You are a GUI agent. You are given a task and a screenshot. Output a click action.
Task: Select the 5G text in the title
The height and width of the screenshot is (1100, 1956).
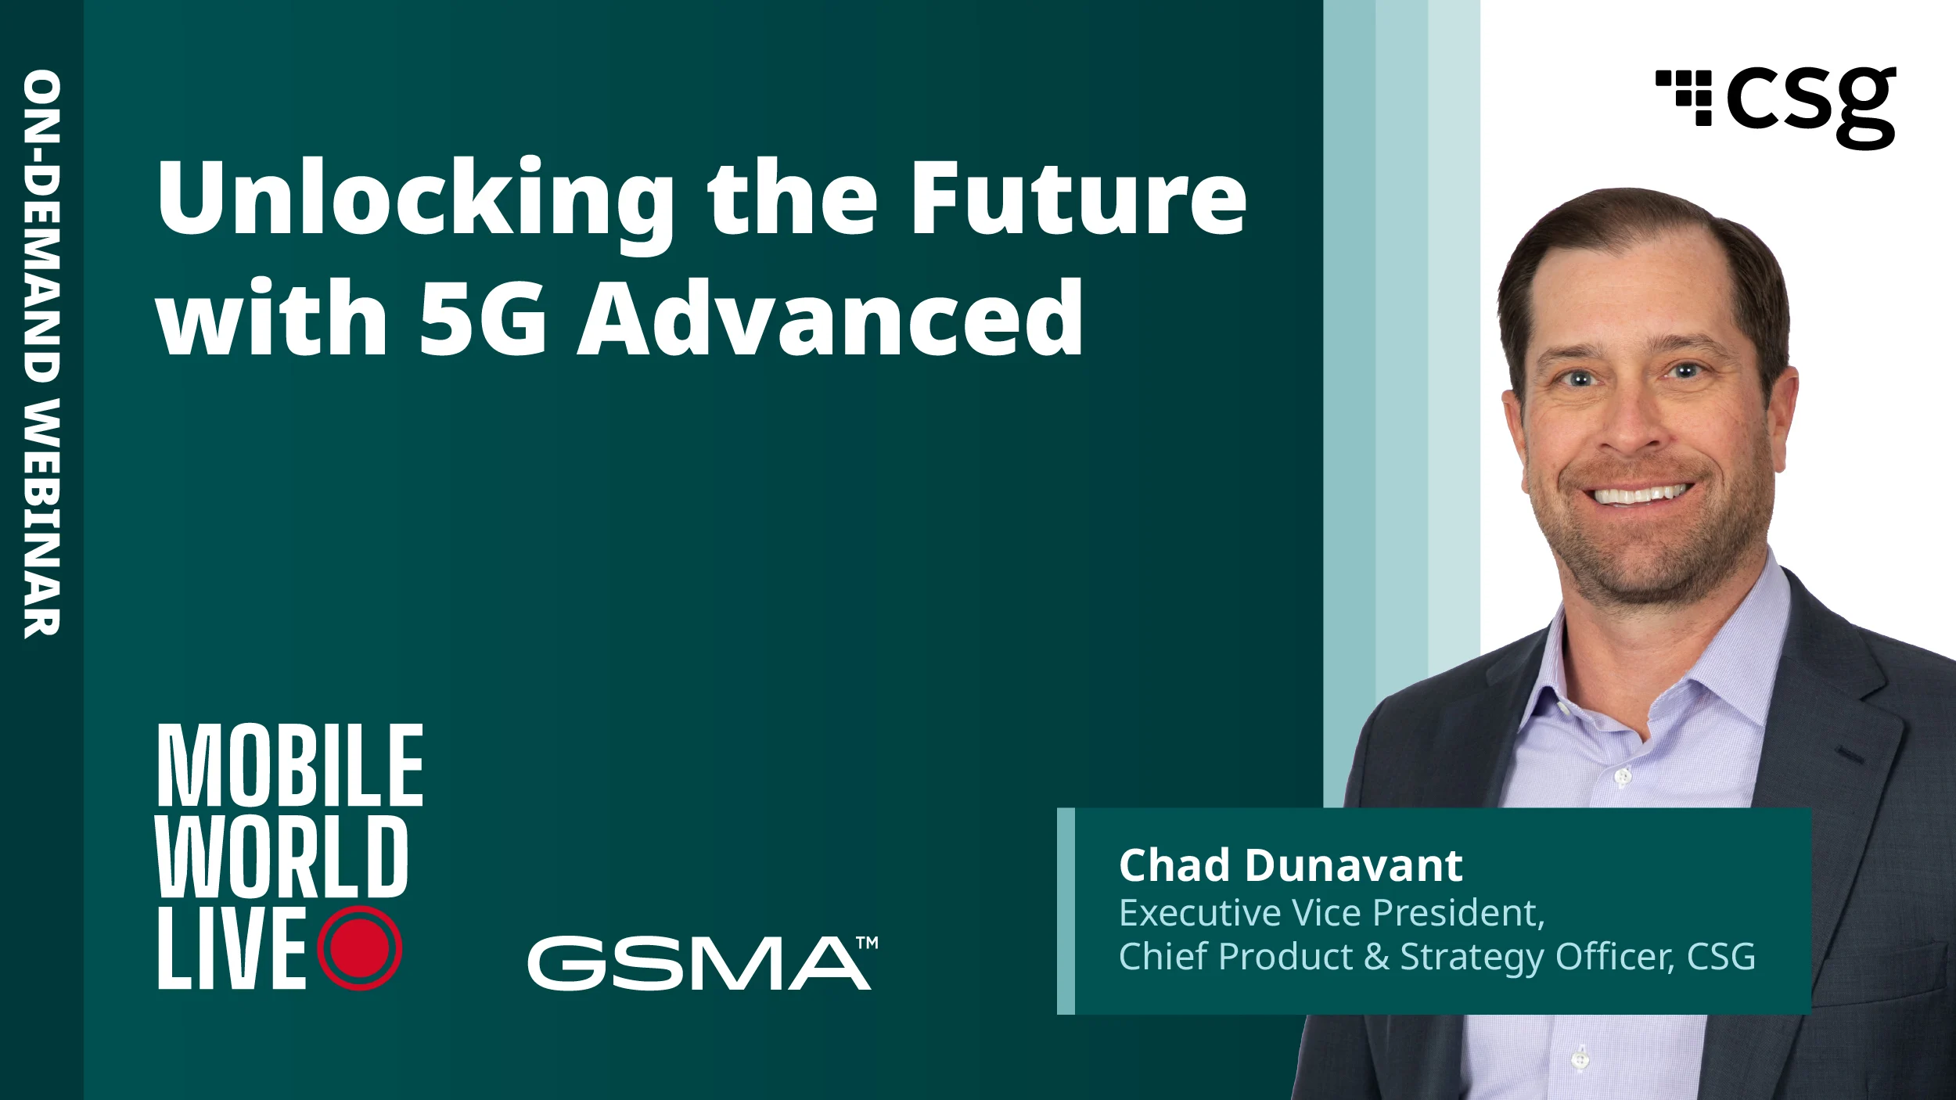pyautogui.click(x=482, y=318)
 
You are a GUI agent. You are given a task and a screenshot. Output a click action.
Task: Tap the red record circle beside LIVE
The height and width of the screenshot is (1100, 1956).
pyautogui.click(x=360, y=948)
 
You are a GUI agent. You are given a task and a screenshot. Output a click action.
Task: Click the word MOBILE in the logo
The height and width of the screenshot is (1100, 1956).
pyautogui.click(x=290, y=765)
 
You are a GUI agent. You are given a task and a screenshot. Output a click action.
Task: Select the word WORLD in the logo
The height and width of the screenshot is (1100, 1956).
pyautogui.click(x=282, y=857)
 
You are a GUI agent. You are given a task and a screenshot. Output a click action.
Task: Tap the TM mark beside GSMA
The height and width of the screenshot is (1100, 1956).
pyautogui.click(x=867, y=943)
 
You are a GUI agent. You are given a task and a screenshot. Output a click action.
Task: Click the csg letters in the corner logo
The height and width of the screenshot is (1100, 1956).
pyautogui.click(x=1812, y=106)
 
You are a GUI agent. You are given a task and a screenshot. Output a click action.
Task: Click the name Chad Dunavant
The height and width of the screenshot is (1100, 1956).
pyautogui.click(x=1290, y=865)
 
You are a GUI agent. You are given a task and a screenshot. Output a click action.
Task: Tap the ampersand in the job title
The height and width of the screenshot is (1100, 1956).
pyautogui.click(x=1376, y=957)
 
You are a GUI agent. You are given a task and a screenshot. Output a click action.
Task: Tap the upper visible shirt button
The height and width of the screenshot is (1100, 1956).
pyautogui.click(x=1623, y=777)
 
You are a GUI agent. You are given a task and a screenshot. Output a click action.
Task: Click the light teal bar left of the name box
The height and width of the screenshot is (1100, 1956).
pyautogui.click(x=1066, y=911)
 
